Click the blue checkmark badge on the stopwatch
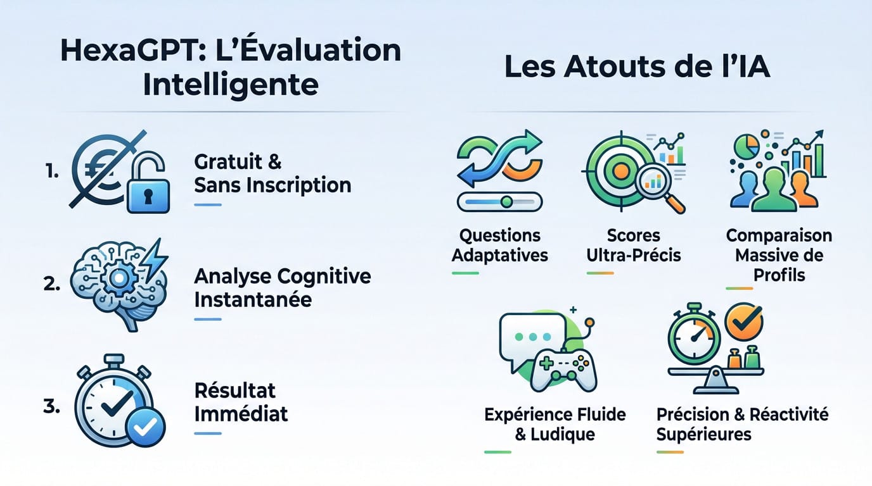(x=146, y=427)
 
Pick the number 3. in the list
(x=51, y=406)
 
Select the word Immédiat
(x=241, y=414)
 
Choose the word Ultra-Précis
(x=634, y=255)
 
